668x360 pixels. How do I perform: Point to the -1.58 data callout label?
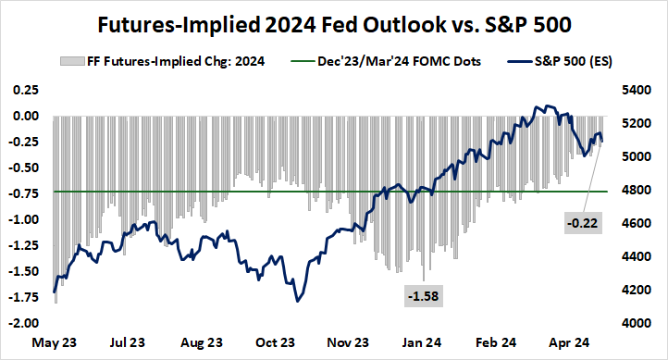[423, 295]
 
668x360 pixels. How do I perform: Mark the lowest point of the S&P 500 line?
[297, 301]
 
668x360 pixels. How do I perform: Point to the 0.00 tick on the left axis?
[25, 117]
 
